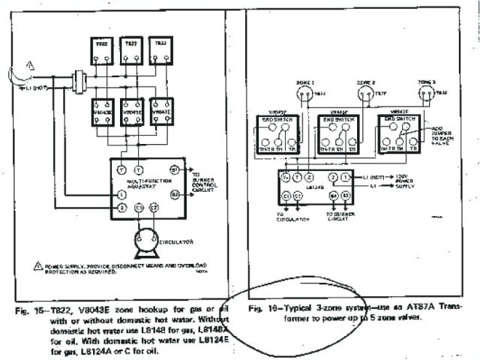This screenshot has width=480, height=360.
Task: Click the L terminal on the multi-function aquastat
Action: (122, 195)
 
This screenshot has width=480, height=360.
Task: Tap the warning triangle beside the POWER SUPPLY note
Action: (37, 266)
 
